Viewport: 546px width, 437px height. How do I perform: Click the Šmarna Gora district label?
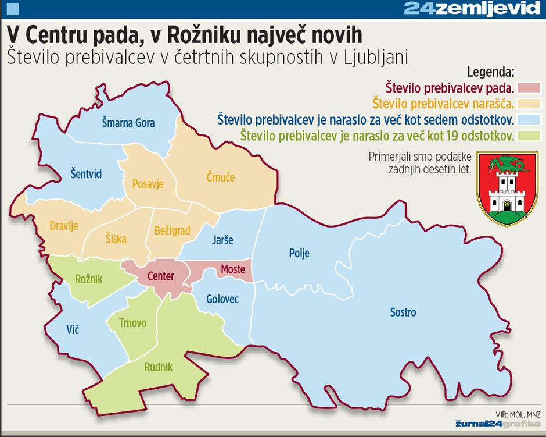tap(128, 123)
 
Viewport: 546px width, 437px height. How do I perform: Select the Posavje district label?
tap(148, 184)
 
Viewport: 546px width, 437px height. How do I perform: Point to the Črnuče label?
tap(221, 177)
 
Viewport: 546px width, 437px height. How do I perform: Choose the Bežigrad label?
tap(172, 231)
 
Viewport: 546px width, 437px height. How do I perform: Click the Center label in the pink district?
tap(160, 276)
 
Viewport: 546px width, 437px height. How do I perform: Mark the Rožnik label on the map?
tap(88, 279)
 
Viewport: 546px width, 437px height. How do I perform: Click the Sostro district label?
tap(403, 312)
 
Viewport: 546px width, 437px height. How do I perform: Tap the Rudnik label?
tap(158, 367)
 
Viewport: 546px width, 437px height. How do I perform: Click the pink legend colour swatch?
tap(529, 88)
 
